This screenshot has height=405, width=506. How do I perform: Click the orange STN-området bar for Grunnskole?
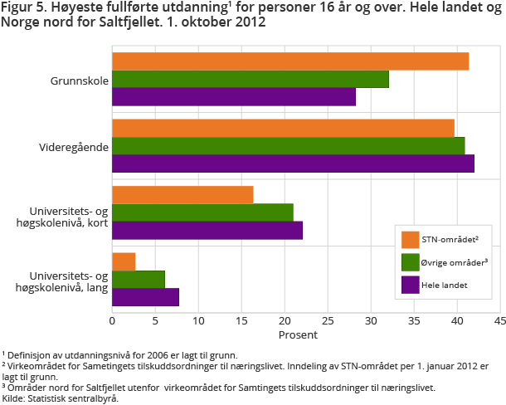point(290,61)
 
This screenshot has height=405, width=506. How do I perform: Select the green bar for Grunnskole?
point(251,79)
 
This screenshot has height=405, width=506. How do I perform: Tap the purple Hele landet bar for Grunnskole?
point(234,97)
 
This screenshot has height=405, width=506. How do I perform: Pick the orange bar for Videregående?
point(283,128)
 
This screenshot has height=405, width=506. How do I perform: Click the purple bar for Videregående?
point(293,163)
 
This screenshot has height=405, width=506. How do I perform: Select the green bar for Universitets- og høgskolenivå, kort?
point(202,212)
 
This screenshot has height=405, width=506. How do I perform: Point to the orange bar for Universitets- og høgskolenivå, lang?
point(124,261)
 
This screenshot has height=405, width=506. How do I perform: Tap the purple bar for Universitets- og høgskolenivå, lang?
point(145,297)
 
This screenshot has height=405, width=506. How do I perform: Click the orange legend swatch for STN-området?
point(410,240)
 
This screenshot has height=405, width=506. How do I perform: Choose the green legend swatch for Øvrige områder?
point(410,262)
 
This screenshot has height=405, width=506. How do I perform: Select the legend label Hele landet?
point(445,285)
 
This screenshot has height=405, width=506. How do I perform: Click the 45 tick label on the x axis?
point(499,320)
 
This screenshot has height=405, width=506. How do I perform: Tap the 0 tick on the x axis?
point(112,320)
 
